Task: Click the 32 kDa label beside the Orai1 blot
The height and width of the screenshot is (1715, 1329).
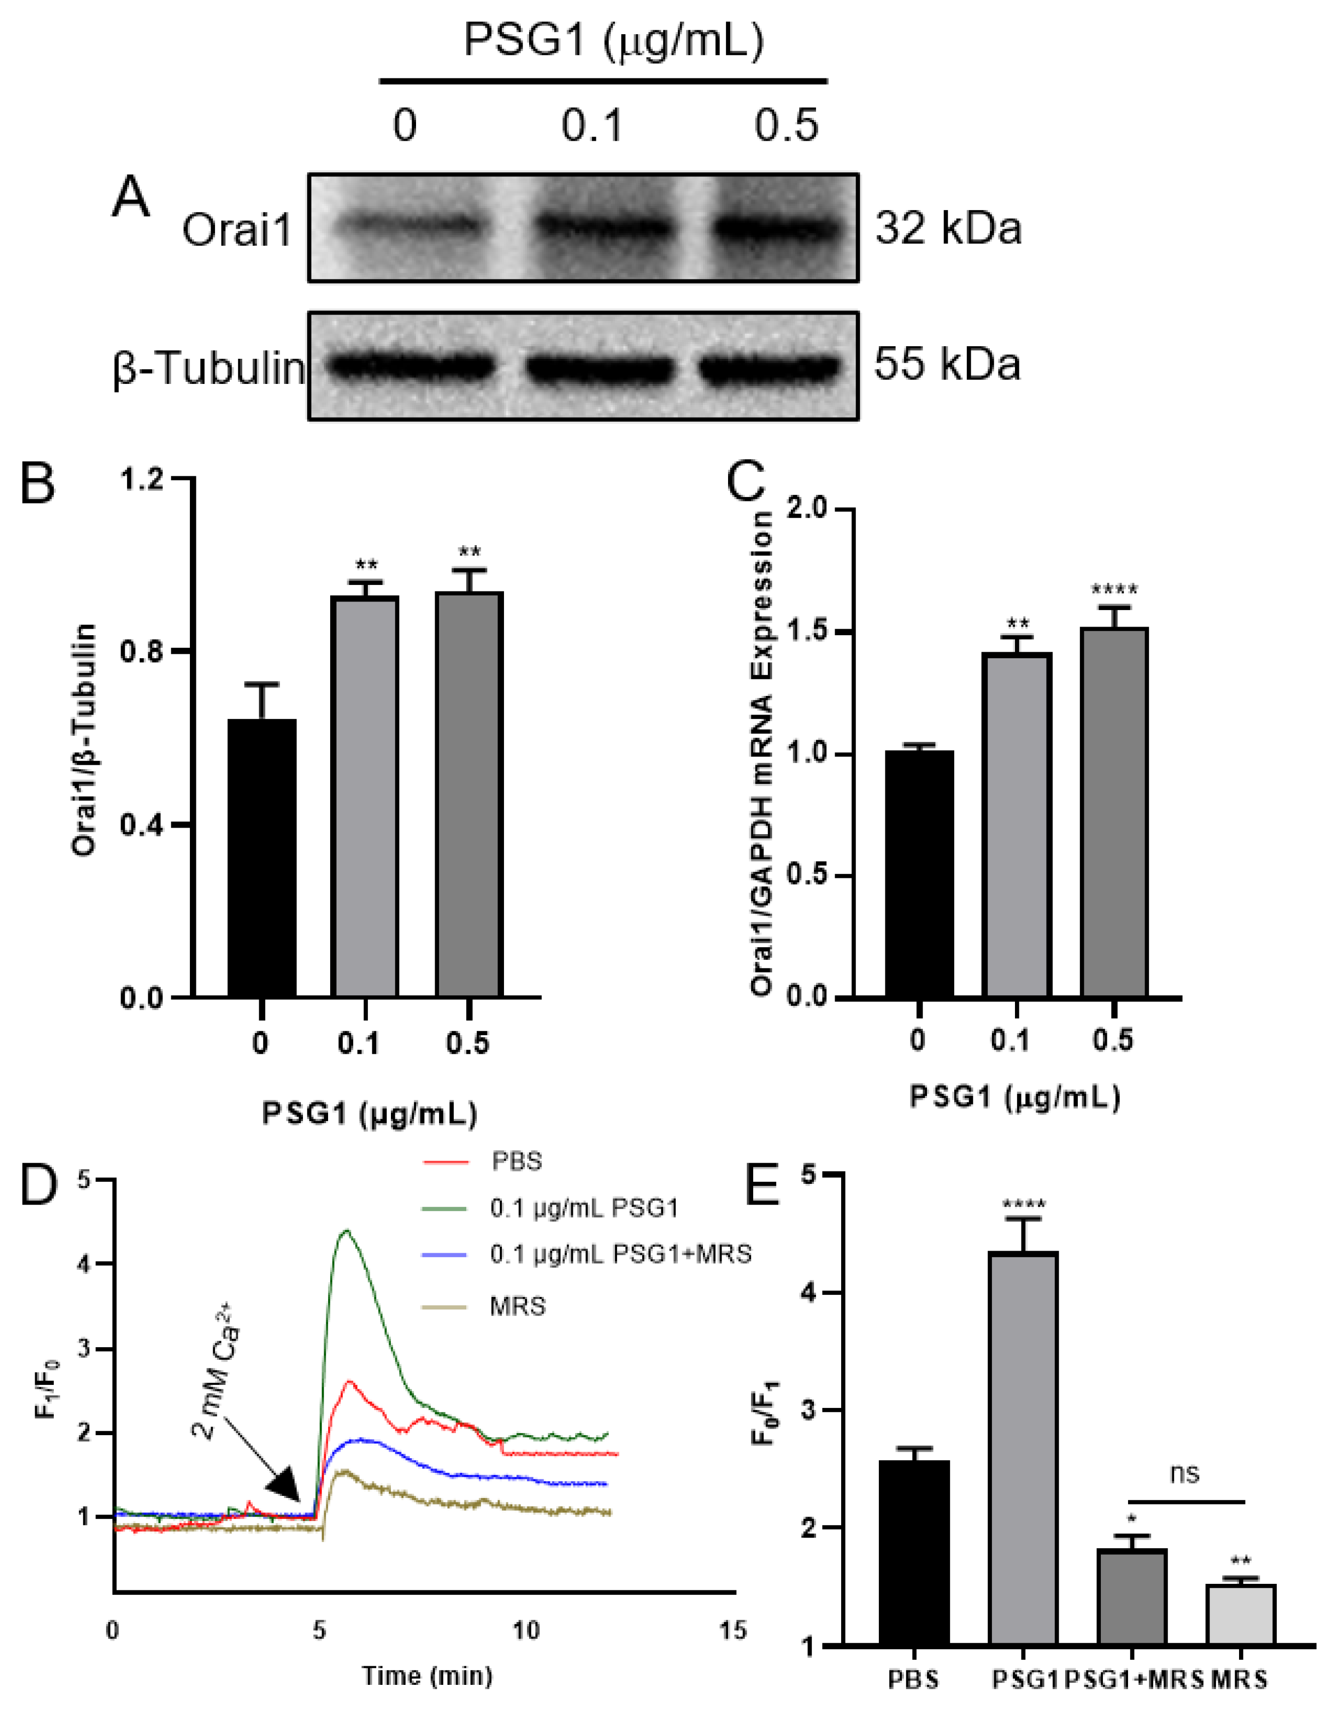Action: coord(948,229)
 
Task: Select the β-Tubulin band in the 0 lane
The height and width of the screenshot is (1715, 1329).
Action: coord(411,366)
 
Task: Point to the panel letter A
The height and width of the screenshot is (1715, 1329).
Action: coord(130,196)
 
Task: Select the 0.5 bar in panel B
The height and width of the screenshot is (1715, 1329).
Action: coord(469,794)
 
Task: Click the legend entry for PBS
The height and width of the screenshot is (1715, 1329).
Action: coord(516,1161)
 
